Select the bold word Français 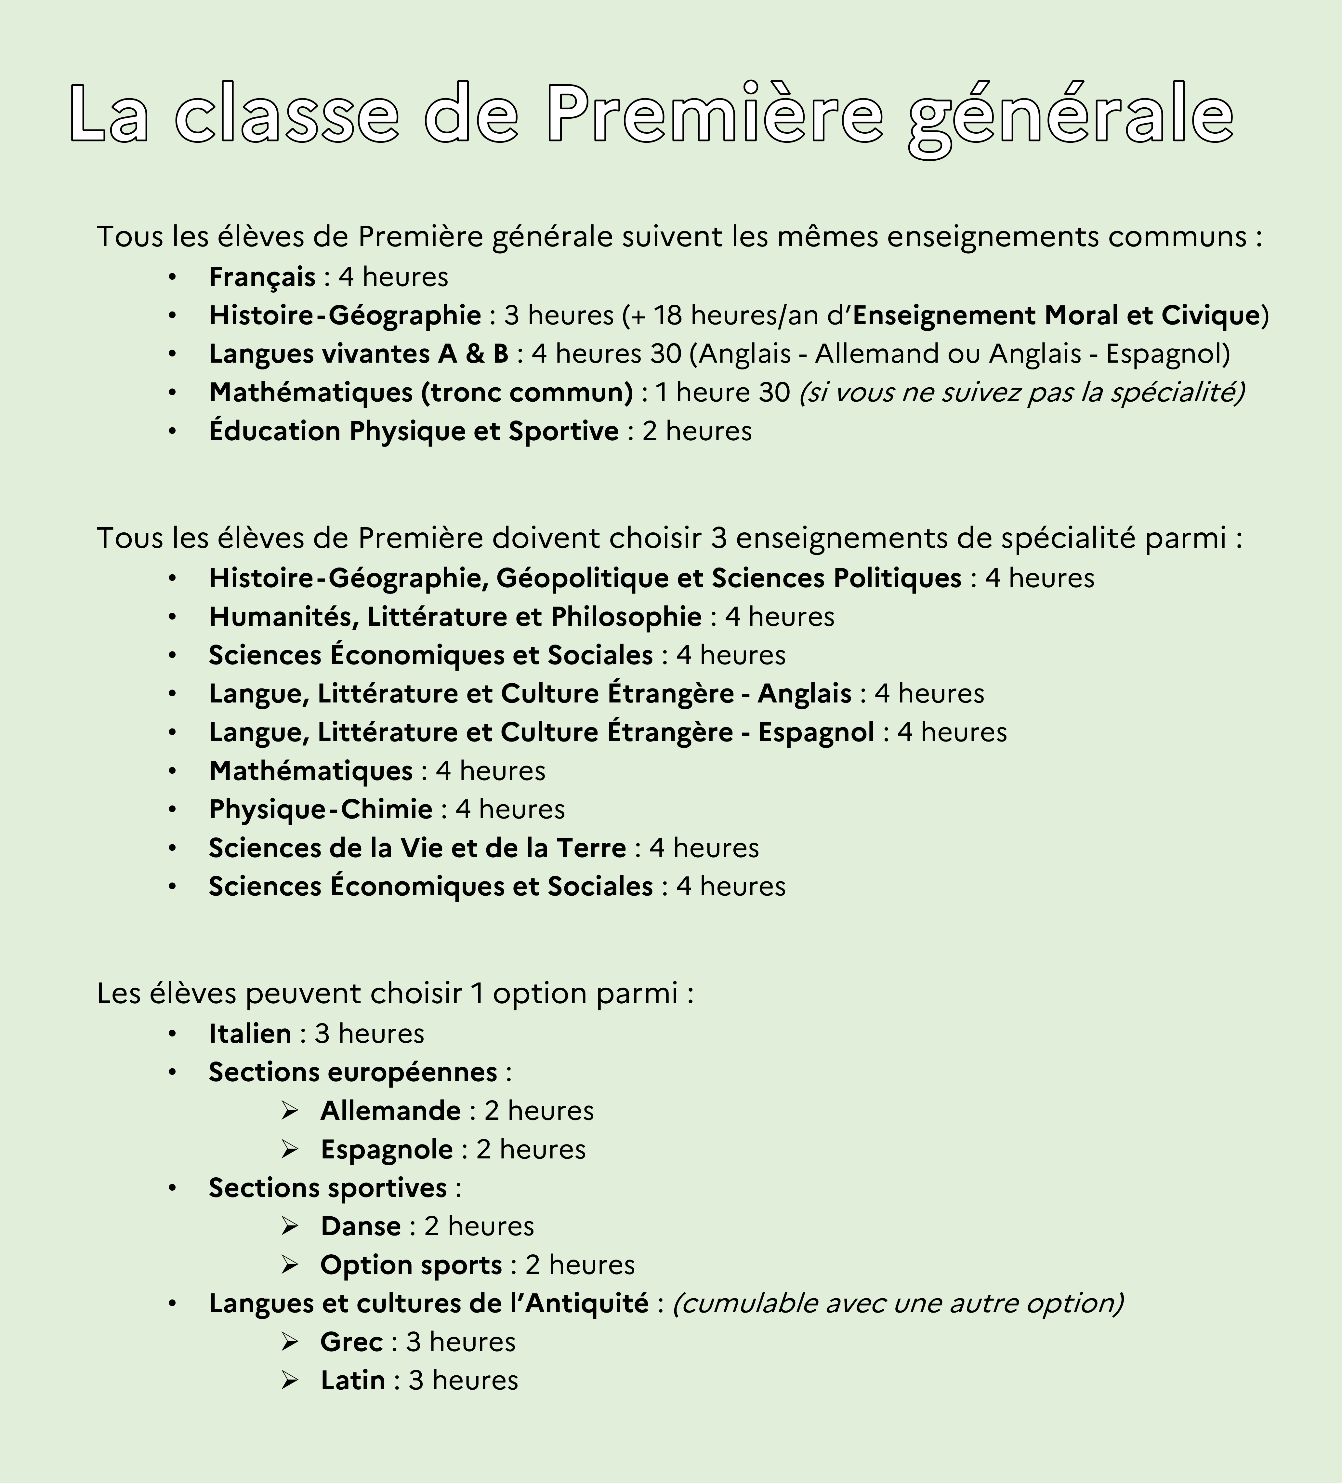[262, 277]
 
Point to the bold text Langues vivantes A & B [359, 354]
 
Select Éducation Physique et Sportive [413, 431]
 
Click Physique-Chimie [321, 809]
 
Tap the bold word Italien [250, 1034]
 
